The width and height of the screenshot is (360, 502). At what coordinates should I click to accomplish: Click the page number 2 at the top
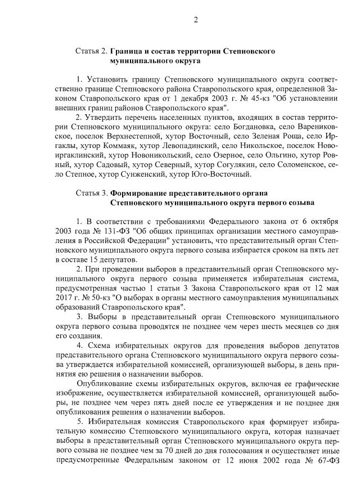tap(196, 21)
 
